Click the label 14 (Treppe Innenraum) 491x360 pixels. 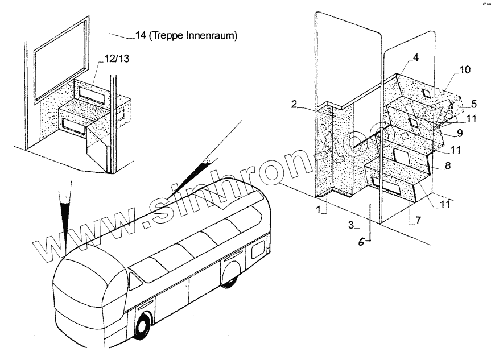tap(185, 35)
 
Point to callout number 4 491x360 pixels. tap(416, 57)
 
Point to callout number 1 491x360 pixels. tap(321, 210)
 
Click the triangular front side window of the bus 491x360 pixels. tap(136, 279)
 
